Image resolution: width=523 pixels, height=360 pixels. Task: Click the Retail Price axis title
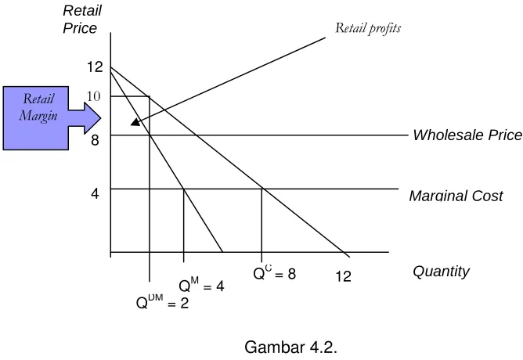pos(82,20)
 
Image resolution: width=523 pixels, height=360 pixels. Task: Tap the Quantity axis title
pos(441,272)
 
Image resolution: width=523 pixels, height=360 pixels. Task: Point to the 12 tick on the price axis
pos(95,67)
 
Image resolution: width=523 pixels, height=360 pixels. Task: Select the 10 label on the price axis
pos(93,96)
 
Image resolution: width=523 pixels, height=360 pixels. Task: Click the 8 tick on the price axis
pos(95,139)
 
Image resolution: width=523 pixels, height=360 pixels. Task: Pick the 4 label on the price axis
pos(95,193)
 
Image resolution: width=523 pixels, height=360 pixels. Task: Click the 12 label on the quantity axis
pos(343,276)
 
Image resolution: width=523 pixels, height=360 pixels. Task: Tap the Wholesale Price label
pos(467,135)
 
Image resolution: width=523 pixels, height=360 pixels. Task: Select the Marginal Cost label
pos(456,196)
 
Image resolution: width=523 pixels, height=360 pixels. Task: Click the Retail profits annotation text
pos(368,28)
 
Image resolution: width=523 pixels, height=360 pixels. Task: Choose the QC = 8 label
pos(274,273)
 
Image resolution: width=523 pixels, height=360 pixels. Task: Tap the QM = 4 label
pos(201,286)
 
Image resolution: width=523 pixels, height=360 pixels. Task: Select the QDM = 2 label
pos(162,302)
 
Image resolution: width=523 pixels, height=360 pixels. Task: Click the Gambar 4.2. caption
pos(290,347)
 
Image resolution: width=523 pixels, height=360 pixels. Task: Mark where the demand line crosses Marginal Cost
pos(262,189)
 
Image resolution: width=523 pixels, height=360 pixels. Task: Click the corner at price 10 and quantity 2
pos(150,96)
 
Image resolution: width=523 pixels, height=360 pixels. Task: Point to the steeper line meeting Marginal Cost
pos(183,189)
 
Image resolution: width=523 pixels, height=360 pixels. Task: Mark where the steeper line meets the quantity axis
pos(222,252)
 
